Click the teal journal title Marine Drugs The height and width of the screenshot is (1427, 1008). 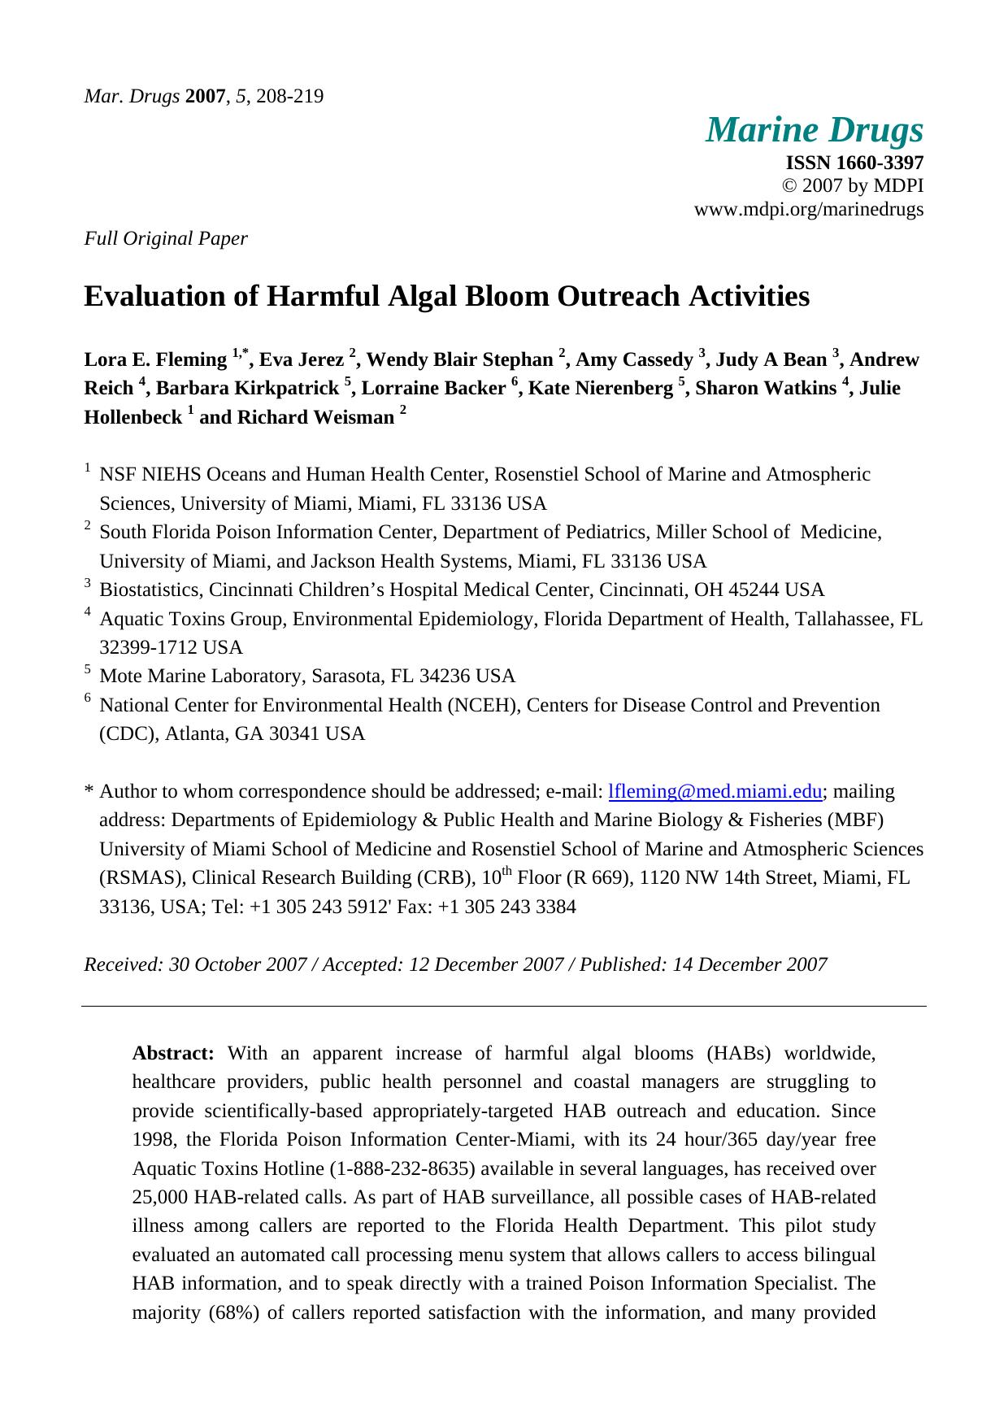[815, 130]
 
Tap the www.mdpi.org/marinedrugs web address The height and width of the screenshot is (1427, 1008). [808, 209]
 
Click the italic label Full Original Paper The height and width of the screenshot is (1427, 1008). [166, 238]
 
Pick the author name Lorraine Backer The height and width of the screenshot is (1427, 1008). [435, 389]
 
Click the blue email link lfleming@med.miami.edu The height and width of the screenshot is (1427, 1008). [715, 791]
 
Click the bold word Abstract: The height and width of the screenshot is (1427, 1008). [173, 1054]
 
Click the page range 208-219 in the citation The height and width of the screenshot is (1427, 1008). [289, 97]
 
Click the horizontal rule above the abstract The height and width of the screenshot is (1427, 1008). [504, 1007]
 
